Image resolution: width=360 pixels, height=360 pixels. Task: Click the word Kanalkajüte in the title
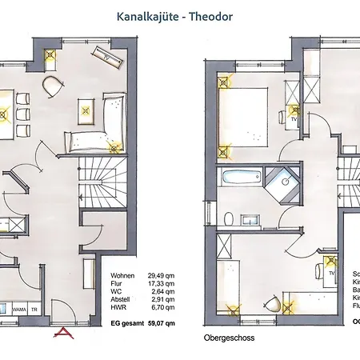point(149,16)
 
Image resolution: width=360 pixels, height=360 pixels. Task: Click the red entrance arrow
point(62,333)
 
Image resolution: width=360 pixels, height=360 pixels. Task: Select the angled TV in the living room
point(107,56)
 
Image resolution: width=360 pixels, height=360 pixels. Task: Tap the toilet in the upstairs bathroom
point(230,217)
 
